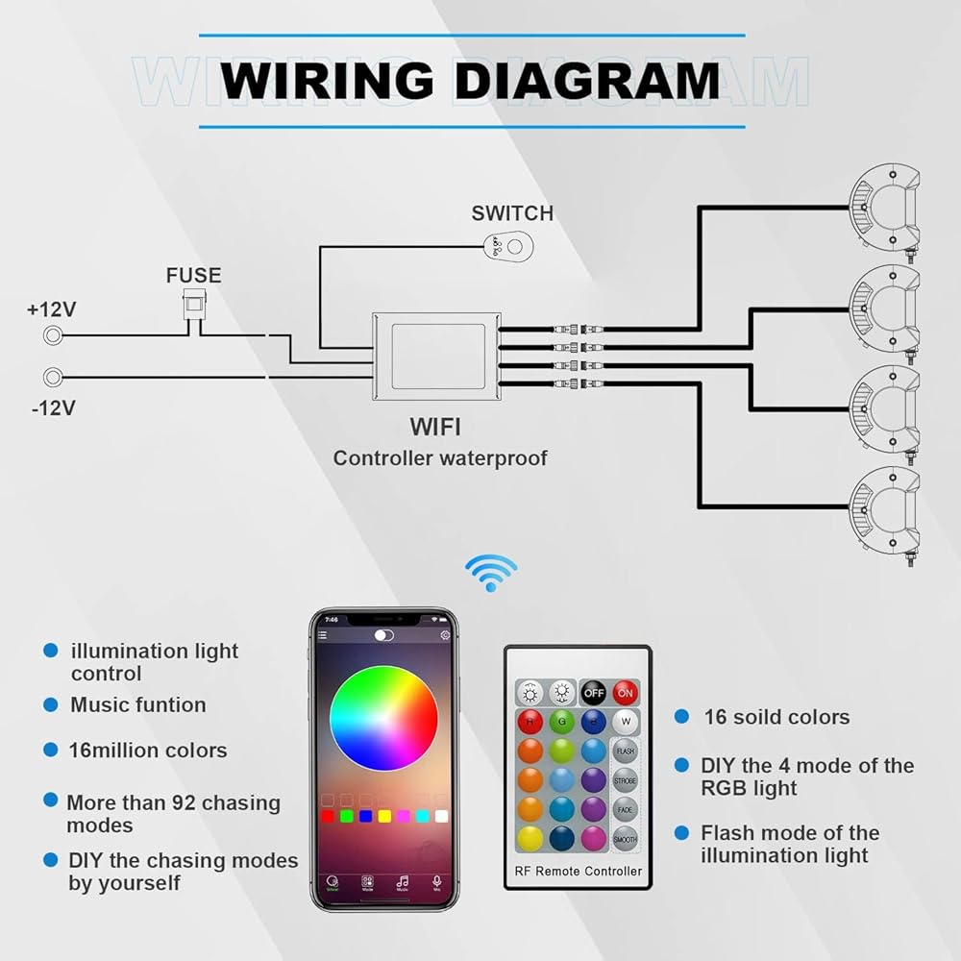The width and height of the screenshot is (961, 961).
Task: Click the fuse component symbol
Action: (195, 307)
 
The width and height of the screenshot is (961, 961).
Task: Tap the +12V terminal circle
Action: (54, 335)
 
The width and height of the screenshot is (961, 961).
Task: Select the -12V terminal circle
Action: (54, 377)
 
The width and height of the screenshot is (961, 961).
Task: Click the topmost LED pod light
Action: (885, 208)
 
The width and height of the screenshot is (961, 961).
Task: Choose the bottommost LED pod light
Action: (885, 509)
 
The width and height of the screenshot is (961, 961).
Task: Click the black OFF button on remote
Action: (593, 692)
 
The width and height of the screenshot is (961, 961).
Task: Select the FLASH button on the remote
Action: (625, 751)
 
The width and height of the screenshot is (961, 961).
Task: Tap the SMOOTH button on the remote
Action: (625, 839)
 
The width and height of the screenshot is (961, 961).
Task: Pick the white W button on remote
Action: (625, 720)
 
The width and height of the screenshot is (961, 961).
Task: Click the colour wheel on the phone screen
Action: (383, 718)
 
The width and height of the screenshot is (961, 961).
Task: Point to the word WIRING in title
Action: (327, 81)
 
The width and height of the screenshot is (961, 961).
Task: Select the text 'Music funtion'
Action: (138, 704)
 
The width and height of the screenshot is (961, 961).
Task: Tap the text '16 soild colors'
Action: (776, 717)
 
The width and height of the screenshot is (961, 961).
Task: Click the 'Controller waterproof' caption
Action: (440, 458)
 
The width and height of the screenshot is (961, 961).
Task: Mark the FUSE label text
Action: (193, 276)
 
